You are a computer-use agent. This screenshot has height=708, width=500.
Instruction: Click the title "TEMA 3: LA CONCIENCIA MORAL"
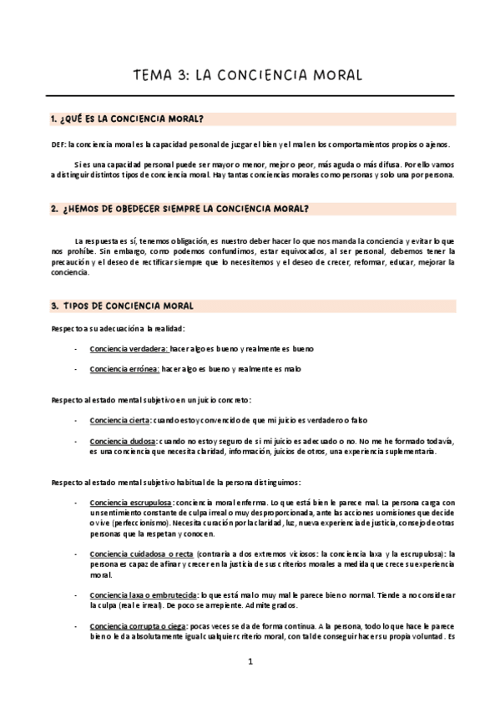pos(248,74)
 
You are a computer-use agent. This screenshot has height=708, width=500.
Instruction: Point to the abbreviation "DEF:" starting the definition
pos(58,144)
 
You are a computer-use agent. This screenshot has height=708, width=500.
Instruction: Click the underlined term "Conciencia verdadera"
pos(128,348)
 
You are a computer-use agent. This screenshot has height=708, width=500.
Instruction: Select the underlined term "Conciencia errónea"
pos(124,368)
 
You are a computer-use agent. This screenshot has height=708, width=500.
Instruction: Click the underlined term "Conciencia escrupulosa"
pos(130,503)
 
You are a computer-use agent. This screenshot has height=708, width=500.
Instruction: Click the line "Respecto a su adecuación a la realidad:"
pos(118,328)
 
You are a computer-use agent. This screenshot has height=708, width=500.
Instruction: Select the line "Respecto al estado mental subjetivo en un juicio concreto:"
pos(156,400)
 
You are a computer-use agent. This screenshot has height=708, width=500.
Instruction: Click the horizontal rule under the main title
pos(250,95)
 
